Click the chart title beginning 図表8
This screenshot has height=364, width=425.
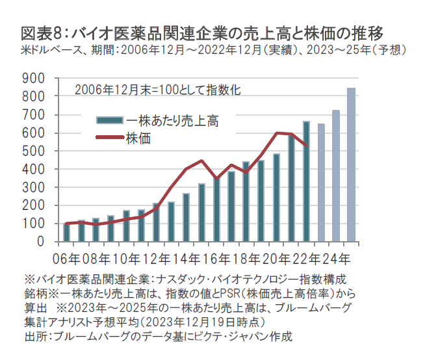click(201, 32)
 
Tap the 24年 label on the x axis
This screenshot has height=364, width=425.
click(337, 257)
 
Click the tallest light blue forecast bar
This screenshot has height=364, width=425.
click(352, 165)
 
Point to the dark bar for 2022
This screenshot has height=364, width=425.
click(306, 181)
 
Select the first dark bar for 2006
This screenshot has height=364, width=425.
click(66, 233)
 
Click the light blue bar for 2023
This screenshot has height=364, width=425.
click(321, 183)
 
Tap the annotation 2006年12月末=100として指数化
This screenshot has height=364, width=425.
click(158, 90)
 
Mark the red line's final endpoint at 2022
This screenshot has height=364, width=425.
click(306, 146)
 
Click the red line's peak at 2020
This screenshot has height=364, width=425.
click(277, 133)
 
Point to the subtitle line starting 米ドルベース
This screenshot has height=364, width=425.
click(214, 49)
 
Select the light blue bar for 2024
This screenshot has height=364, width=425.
click(337, 176)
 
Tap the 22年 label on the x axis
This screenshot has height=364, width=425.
click(307, 257)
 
